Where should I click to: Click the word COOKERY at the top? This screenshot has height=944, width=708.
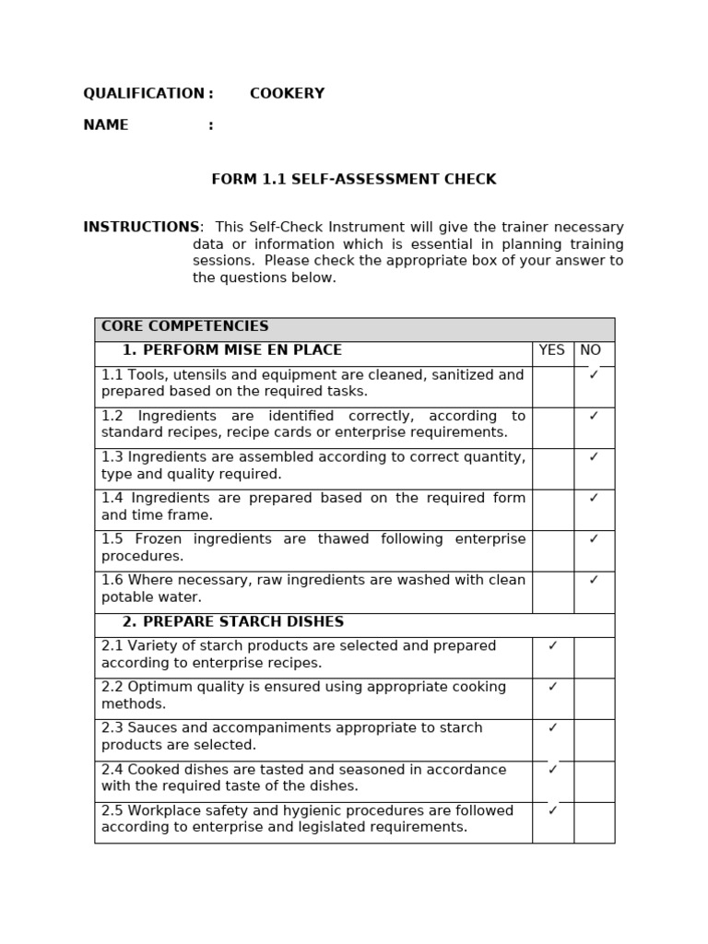pos(287,94)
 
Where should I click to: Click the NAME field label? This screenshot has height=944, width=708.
pos(106,125)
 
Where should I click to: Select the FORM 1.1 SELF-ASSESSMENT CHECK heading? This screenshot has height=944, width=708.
pos(354,180)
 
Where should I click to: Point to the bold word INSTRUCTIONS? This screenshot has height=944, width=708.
pos(141,228)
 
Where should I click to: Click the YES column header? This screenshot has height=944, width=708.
pos(551,351)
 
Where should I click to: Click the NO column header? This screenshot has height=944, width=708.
pos(590,351)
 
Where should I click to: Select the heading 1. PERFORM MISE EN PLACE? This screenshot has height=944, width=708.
pos(231,351)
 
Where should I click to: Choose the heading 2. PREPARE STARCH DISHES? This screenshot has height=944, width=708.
pos(232,623)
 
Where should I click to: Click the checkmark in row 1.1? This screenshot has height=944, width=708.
pos(594,375)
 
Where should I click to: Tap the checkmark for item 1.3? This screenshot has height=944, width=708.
pos(594,457)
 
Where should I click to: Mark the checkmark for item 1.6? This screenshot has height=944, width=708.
pos(594,581)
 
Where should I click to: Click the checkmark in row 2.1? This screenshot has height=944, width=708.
pos(553,646)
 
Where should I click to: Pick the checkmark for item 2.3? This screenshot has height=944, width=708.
pos(553,728)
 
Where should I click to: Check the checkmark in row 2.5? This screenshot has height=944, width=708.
pos(553,811)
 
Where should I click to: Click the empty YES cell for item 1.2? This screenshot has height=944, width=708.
pos(552,428)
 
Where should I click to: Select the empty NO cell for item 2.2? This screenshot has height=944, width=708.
pos(594,699)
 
